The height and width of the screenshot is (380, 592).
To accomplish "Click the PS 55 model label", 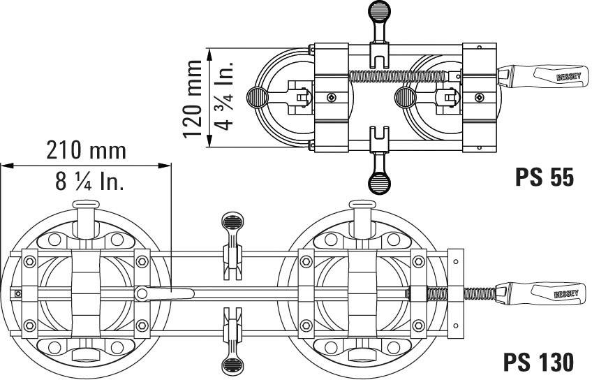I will pyautogui.click(x=545, y=177).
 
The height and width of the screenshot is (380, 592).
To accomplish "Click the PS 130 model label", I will pyautogui.click(x=539, y=361).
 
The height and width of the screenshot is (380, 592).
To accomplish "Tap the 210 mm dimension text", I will pyautogui.click(x=87, y=149).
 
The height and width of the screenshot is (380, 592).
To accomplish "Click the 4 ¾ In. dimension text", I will pyautogui.click(x=223, y=98).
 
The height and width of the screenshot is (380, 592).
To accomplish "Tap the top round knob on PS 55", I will pyautogui.click(x=378, y=10).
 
